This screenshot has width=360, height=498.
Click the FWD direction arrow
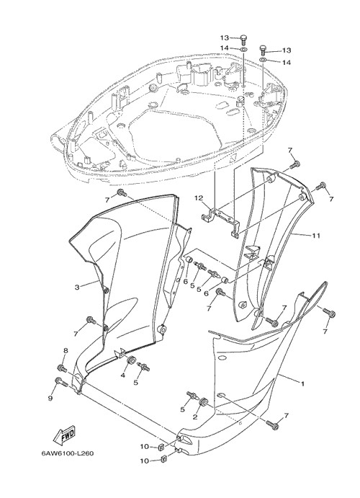(64, 435)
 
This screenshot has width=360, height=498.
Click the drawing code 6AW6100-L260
(67, 453)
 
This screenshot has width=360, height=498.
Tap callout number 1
(302, 383)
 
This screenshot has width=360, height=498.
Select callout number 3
(77, 288)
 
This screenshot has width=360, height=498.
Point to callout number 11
(316, 236)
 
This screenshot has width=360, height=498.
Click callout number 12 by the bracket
(199, 198)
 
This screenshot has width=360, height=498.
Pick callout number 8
(66, 351)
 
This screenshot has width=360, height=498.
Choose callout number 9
(50, 399)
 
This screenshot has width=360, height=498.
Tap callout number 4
(122, 375)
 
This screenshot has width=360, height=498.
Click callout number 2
(195, 417)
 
